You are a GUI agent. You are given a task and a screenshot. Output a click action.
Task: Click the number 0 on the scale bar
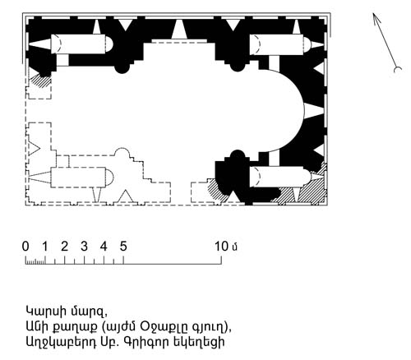[25, 247]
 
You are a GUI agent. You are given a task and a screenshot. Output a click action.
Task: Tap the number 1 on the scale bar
[45, 247]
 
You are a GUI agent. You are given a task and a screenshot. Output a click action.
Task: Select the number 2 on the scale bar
[64, 247]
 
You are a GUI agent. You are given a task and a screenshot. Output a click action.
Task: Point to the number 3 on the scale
[84, 247]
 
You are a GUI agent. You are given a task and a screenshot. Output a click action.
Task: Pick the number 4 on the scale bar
[104, 247]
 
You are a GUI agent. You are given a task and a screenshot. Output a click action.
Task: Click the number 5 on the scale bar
[123, 247]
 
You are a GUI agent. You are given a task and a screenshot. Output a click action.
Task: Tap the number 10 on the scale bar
[221, 247]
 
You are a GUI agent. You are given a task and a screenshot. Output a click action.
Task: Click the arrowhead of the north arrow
[376, 18]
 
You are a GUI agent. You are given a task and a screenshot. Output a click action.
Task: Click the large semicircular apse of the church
[304, 110]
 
